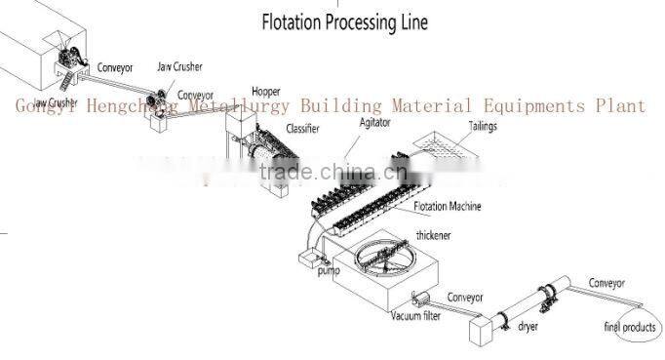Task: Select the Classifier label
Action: tap(304, 129)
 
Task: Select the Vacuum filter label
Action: tap(420, 316)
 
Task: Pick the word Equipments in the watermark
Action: tap(528, 105)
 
